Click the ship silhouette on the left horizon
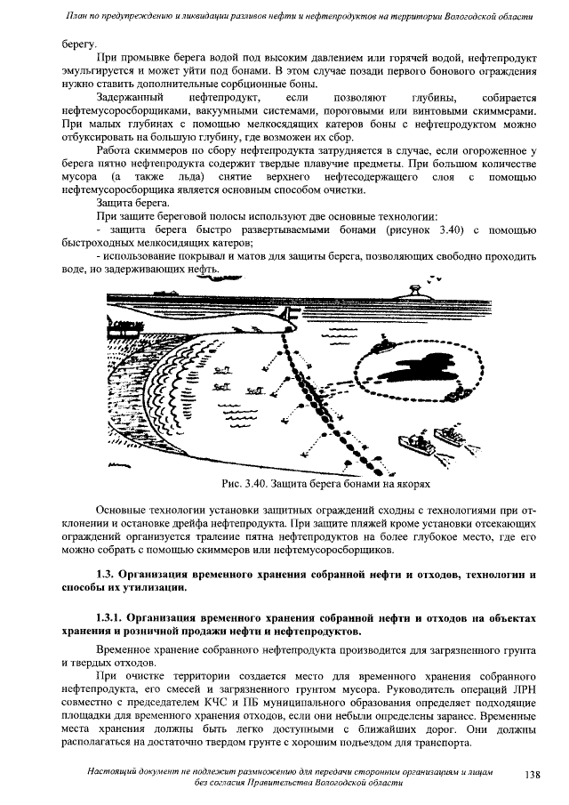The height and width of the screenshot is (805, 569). point(164,293)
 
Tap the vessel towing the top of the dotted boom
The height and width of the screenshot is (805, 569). point(381,342)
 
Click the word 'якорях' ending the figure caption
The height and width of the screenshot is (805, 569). point(412,486)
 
